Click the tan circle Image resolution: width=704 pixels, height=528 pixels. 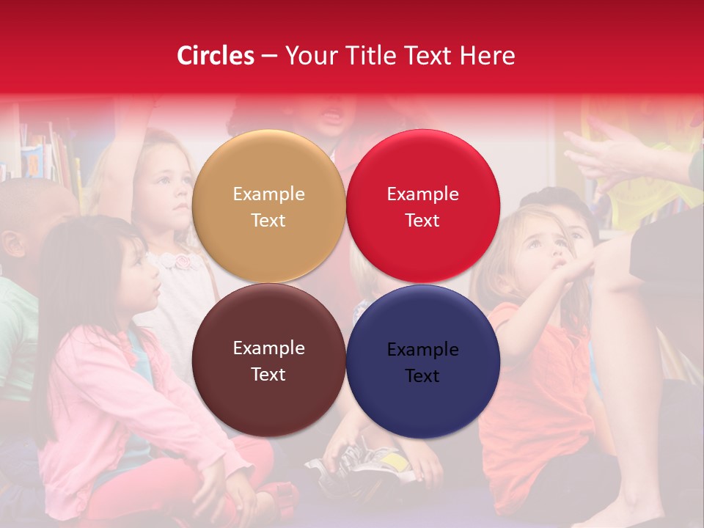(268, 207)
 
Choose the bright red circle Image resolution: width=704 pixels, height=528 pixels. (422, 207)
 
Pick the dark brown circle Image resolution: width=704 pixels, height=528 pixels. (268, 361)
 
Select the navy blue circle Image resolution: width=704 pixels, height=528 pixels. (422, 362)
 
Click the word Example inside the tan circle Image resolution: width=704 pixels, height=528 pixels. (268, 194)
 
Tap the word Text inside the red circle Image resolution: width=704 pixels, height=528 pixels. (422, 221)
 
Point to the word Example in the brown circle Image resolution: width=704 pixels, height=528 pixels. (268, 348)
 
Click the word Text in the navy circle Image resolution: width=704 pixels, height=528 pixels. (422, 376)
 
